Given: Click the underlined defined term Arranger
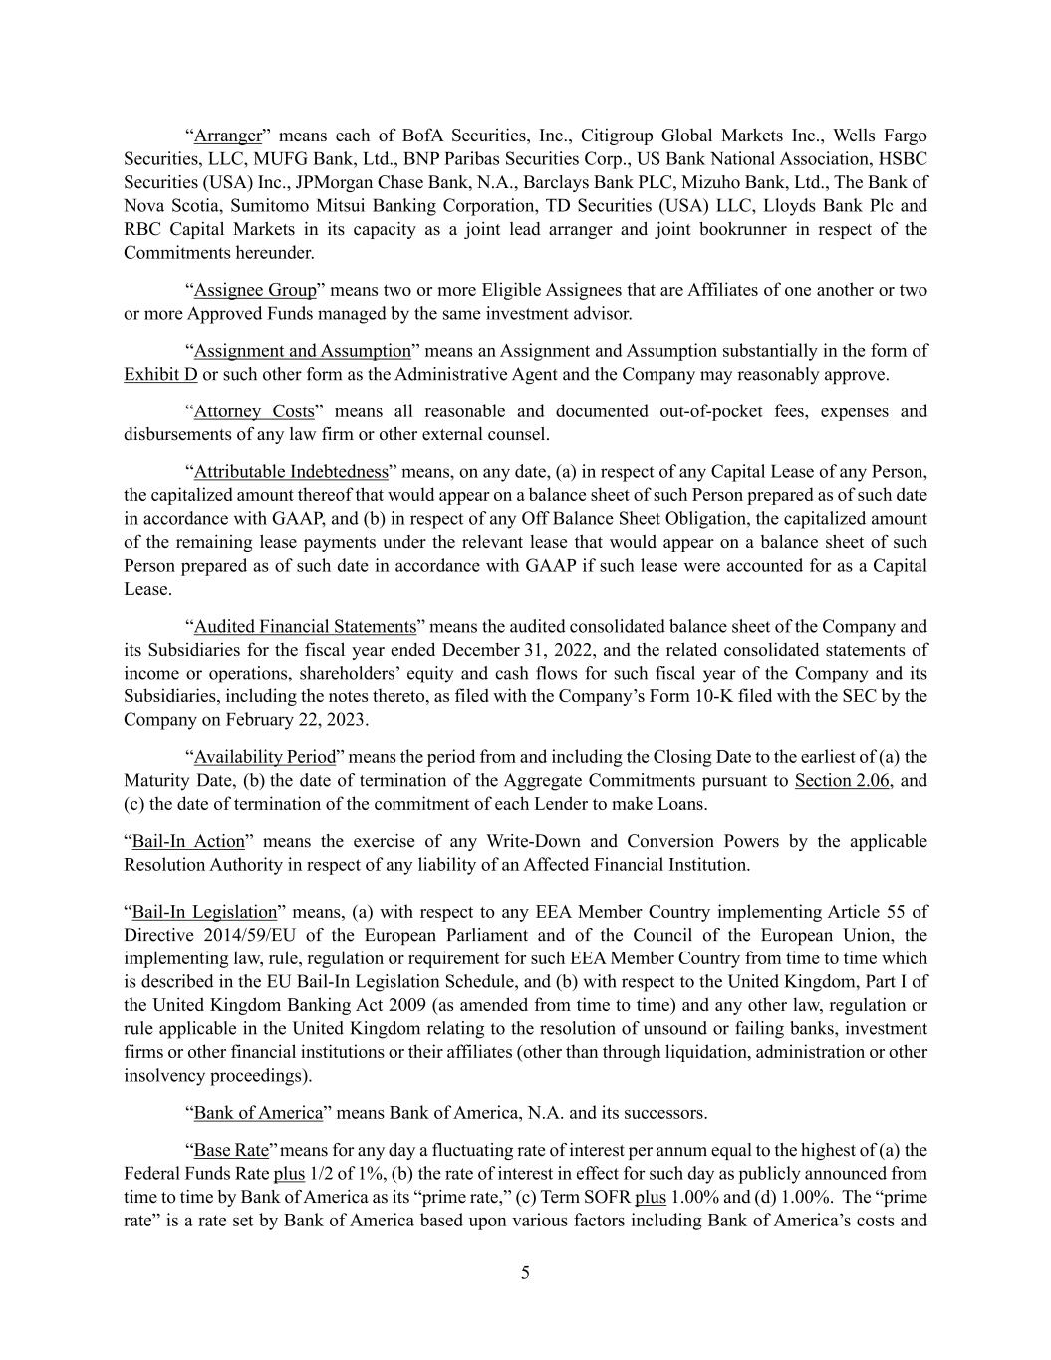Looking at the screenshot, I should tap(227, 136).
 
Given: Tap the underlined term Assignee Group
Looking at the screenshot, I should tap(255, 290).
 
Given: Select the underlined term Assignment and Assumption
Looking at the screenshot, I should tap(302, 351).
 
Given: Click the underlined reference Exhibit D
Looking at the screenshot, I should tap(160, 375).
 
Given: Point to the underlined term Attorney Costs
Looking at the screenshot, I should tap(254, 411).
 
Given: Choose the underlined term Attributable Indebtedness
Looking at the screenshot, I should tap(291, 472).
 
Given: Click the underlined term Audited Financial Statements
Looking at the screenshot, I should tap(305, 627).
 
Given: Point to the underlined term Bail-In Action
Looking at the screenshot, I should tap(188, 842).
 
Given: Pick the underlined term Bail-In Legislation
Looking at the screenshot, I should tap(204, 912).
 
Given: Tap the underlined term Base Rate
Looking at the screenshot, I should tap(231, 1150).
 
